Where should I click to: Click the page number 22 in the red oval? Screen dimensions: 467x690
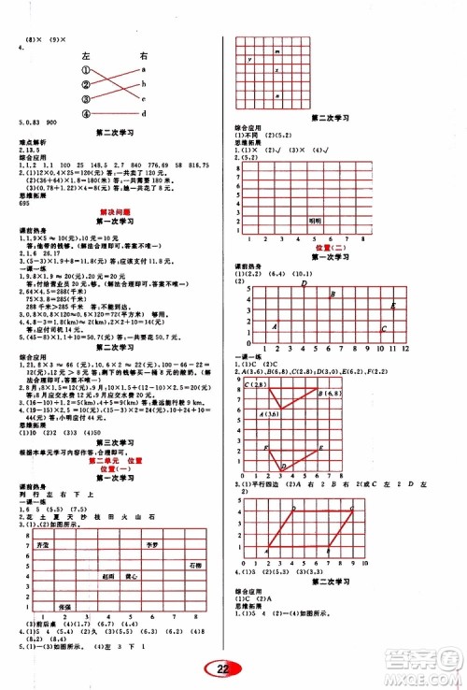[223, 668]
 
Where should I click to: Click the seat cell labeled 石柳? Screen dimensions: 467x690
[194, 565]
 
